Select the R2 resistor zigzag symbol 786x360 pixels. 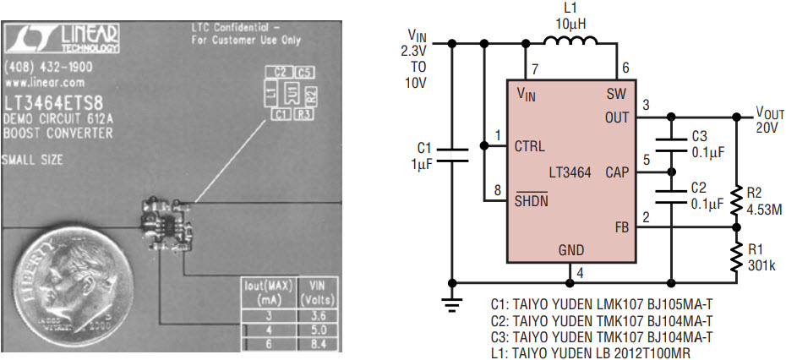(736, 199)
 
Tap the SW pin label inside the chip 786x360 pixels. (616, 95)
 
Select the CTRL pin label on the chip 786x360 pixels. (530, 145)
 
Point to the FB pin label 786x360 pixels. (621, 228)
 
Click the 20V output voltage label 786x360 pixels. (767, 127)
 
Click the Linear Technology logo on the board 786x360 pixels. (64, 36)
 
